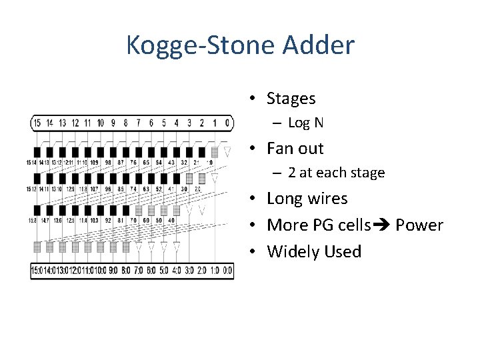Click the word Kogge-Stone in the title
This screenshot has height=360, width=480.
[x=197, y=46]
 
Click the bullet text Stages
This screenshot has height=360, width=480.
[x=291, y=99]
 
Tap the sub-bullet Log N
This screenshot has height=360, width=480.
[x=306, y=123]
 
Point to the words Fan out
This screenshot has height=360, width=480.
[x=295, y=148]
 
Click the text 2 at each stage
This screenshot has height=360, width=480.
[x=337, y=173]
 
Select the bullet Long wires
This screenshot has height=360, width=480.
[x=307, y=199]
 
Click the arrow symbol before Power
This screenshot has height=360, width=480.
[x=383, y=225]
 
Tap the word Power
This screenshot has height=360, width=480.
[x=419, y=225]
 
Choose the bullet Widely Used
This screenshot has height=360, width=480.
[x=313, y=251]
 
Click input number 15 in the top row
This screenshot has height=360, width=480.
[x=37, y=123]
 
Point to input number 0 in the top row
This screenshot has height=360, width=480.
[x=227, y=123]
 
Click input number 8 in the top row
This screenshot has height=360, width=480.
[x=126, y=123]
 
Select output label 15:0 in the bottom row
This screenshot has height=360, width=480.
[x=37, y=270]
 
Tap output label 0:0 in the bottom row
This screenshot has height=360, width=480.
[x=227, y=270]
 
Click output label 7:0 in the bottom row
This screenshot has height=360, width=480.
[x=139, y=270]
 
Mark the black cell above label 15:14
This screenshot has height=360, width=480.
[x=37, y=152]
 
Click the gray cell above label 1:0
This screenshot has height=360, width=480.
[x=215, y=152]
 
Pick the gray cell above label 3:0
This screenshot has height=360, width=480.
[x=189, y=179]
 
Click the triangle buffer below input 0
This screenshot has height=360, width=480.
[x=227, y=153]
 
